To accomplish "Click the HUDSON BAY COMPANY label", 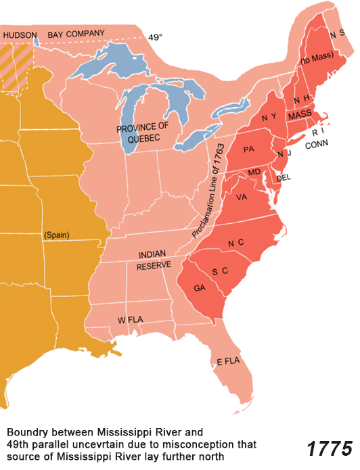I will coord(54,33).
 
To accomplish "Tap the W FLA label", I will coord(131,319).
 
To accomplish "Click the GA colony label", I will coord(200,287).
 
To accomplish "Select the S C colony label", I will coord(219,272).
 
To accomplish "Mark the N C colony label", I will coord(236,243).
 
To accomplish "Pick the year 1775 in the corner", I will coord(330,448).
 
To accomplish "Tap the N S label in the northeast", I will coord(336,32).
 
